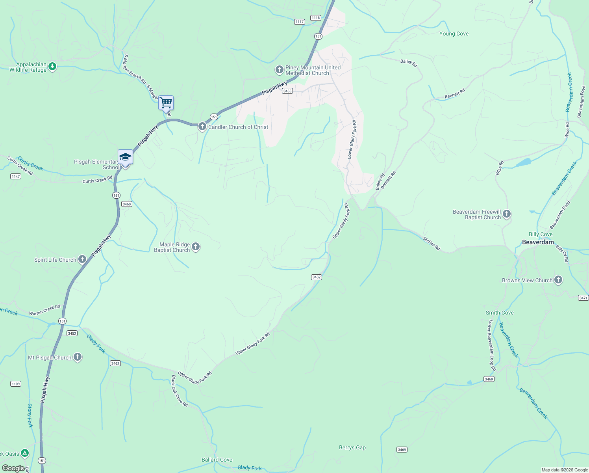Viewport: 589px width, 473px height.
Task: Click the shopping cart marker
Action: click(x=166, y=103)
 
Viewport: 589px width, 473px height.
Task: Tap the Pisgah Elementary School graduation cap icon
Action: click(x=125, y=157)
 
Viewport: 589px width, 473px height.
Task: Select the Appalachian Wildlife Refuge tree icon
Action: click(x=52, y=67)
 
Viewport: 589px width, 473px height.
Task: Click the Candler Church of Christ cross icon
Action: click(x=202, y=127)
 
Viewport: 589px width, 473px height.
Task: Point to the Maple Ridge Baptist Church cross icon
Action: click(x=196, y=247)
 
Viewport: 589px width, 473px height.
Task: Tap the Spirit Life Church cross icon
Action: click(x=82, y=259)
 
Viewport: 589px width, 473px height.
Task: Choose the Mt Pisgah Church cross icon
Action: click(x=78, y=358)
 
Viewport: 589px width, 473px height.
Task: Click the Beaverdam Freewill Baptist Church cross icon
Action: click(x=507, y=214)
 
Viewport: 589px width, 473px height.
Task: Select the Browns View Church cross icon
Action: click(x=558, y=280)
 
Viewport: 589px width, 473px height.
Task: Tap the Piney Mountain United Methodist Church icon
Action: click(x=279, y=70)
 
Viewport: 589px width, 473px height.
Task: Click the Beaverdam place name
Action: click(x=538, y=242)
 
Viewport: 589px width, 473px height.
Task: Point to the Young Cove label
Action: click(x=454, y=34)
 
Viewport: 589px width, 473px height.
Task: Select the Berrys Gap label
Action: click(x=352, y=447)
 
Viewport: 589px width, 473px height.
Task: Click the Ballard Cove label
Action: click(x=217, y=460)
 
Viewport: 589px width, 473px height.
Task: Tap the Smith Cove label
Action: click(x=500, y=313)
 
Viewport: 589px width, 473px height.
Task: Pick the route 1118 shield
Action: click(x=315, y=18)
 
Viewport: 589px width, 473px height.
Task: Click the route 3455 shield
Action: click(x=287, y=91)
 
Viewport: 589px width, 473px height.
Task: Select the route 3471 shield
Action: click(x=583, y=298)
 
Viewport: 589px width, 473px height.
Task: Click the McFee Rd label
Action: click(x=432, y=244)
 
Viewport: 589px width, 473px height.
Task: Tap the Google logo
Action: click(x=13, y=468)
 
